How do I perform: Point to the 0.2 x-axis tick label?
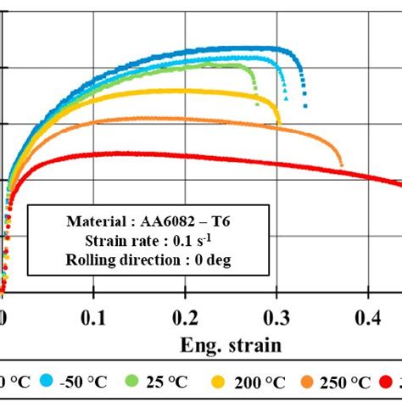pyautogui.click(x=187, y=318)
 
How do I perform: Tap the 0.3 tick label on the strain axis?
pyautogui.click(x=277, y=318)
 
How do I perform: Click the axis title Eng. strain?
pyautogui.click(x=232, y=345)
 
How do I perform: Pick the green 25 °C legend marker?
pyautogui.click(x=134, y=382)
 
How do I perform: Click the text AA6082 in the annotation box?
pyautogui.click(x=154, y=222)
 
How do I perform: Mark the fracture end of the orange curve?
pyautogui.click(x=341, y=165)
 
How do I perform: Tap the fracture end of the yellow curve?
pyautogui.click(x=280, y=124)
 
